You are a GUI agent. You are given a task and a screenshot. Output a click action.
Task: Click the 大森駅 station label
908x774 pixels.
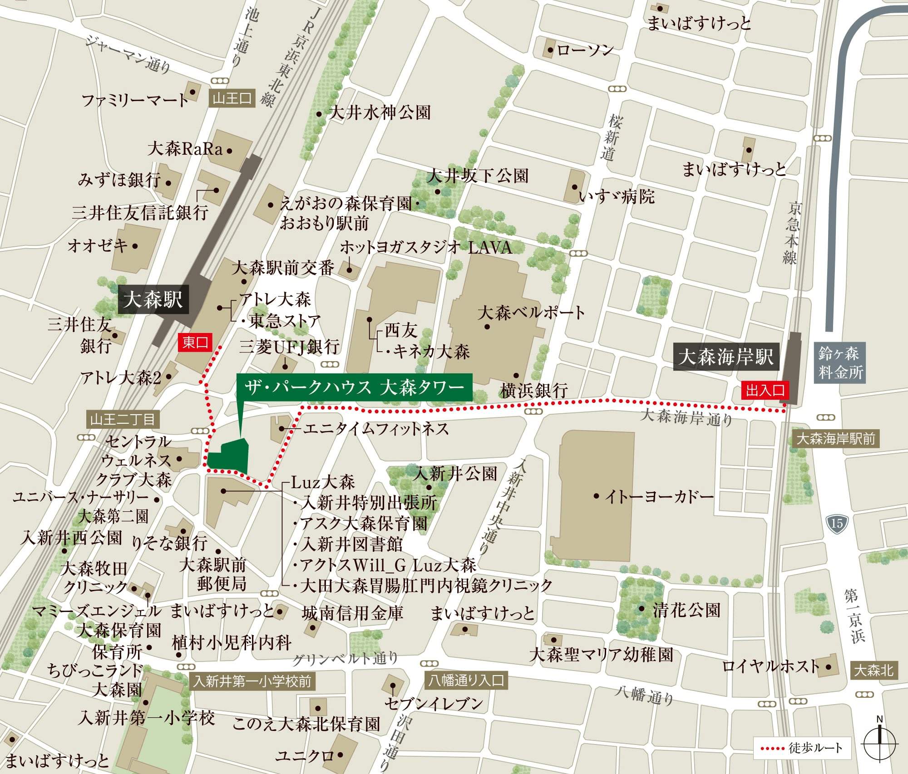click(x=153, y=300)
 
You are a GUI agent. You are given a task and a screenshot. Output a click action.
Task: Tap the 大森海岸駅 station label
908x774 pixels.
click(x=725, y=357)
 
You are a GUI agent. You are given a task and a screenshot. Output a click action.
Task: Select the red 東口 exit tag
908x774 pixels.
click(x=195, y=342)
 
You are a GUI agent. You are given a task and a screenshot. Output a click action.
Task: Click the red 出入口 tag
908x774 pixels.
click(x=765, y=390)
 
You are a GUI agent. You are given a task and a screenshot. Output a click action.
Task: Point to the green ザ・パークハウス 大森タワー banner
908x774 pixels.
click(x=354, y=387)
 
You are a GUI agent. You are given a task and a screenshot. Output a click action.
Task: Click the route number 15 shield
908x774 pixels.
click(x=837, y=524)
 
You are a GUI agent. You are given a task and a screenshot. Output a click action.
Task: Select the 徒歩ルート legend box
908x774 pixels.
click(x=802, y=748)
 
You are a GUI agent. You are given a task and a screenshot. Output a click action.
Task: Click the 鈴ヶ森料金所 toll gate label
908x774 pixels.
click(x=839, y=363)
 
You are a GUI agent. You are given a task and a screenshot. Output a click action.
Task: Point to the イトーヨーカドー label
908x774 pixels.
click(x=658, y=496)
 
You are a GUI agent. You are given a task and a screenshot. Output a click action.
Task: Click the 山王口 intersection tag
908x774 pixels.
click(x=232, y=98)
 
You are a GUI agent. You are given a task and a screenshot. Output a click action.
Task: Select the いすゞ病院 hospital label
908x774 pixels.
click(x=617, y=196)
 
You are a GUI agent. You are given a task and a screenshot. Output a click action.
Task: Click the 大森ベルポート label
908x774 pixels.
click(x=531, y=313)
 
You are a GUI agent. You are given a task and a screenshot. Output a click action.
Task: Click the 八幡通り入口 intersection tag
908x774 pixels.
click(x=466, y=681)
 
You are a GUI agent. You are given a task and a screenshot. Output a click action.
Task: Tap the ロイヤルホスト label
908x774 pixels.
click(x=770, y=666)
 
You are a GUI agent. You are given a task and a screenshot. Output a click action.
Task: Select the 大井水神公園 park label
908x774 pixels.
click(x=379, y=113)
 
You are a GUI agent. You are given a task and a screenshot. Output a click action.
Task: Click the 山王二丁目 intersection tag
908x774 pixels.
click(x=122, y=419)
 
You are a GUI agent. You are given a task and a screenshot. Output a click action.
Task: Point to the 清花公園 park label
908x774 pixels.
click(x=686, y=610)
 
